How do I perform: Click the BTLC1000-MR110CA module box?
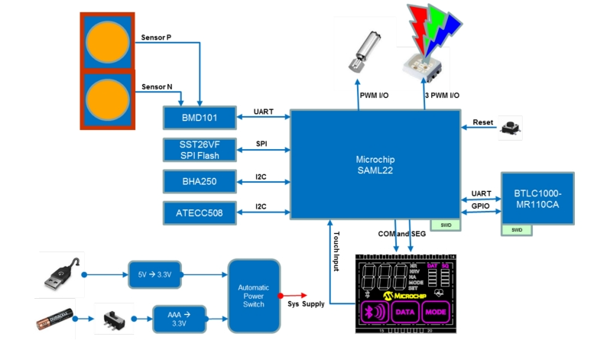tap(537, 197)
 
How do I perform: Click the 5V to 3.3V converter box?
tap(155, 274)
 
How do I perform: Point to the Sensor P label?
tap(157, 37)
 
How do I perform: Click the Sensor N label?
tap(157, 87)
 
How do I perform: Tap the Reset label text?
tap(483, 122)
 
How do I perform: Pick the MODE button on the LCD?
tap(436, 312)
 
